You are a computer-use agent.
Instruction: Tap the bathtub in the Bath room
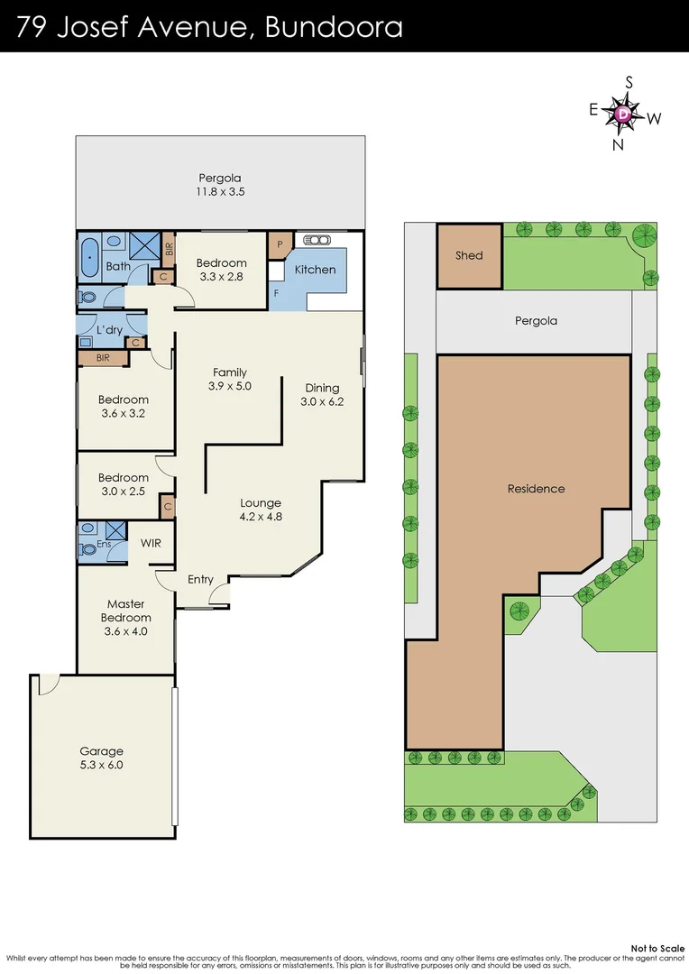(88, 259)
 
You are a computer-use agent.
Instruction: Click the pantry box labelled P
(280, 244)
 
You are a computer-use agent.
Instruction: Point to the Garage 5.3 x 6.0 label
(101, 758)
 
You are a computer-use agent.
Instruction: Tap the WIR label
(151, 544)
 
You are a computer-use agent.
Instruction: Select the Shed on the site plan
(469, 256)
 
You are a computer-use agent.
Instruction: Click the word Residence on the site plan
(536, 489)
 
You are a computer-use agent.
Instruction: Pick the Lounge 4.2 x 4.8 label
(261, 510)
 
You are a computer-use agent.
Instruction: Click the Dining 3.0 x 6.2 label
(322, 395)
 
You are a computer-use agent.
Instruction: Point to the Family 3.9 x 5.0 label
(229, 379)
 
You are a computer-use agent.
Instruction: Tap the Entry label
(200, 579)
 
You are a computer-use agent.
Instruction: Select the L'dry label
(109, 330)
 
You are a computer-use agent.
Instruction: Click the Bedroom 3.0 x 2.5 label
(124, 484)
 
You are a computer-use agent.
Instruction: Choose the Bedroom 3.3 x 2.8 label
(221, 270)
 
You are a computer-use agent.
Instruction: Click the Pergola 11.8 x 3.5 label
(220, 185)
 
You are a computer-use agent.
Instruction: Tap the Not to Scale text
(657, 948)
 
